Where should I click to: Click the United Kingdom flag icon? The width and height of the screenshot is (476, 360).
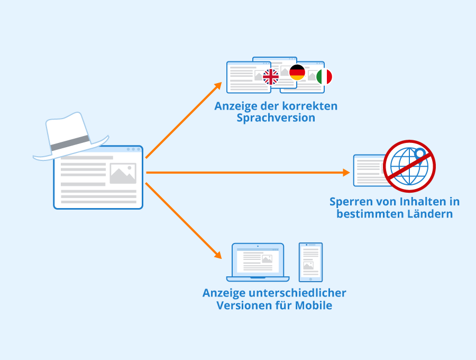pyautogui.click(x=270, y=77)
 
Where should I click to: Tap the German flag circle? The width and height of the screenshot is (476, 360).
pyautogui.click(x=297, y=73)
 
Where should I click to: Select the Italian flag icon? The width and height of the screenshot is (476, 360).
pyautogui.click(x=324, y=77)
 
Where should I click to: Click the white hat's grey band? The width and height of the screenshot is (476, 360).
pyautogui.click(x=70, y=143)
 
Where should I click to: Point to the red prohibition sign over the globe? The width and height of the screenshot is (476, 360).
pyautogui.click(x=409, y=166)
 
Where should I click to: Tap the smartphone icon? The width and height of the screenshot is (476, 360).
pyautogui.click(x=310, y=262)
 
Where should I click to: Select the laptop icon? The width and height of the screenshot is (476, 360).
pyautogui.click(x=258, y=262)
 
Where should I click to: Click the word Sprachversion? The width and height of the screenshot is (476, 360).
pyautogui.click(x=276, y=118)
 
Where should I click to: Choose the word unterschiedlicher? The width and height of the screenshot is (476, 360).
pyautogui.click(x=297, y=293)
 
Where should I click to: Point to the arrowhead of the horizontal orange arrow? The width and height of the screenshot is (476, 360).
pyautogui.click(x=346, y=173)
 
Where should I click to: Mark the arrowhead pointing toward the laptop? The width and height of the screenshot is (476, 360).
pyautogui.click(x=217, y=255)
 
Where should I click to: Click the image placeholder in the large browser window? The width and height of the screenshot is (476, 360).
pyautogui.click(x=123, y=174)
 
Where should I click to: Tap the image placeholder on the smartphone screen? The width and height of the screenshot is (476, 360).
pyautogui.click(x=308, y=265)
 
